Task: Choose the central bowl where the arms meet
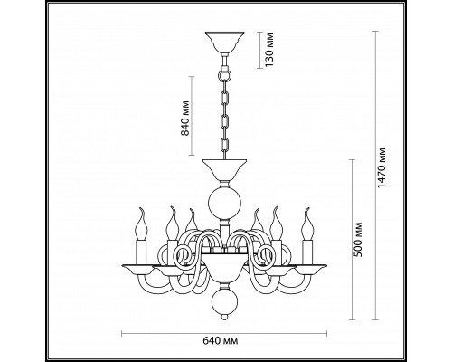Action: pos(221,268)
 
